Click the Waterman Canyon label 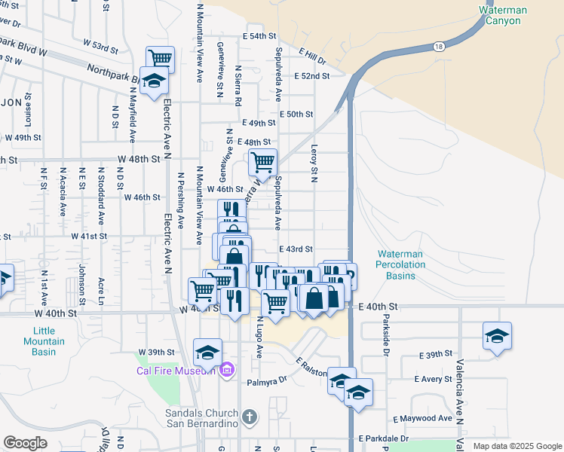503,16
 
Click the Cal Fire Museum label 176,370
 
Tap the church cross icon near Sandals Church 250,417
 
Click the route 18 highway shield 440,47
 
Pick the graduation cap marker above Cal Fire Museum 207,350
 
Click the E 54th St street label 260,36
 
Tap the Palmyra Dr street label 267,381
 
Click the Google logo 25,443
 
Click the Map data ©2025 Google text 516,446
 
